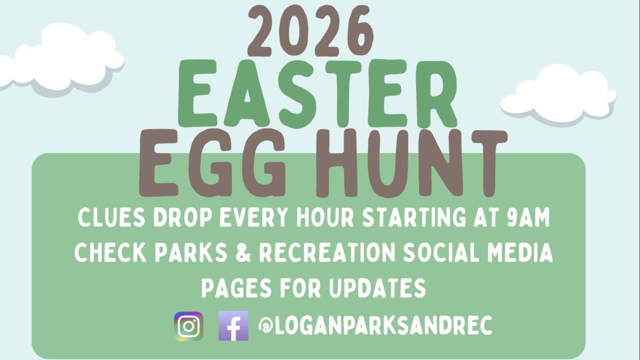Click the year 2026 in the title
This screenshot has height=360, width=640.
pos(311,31)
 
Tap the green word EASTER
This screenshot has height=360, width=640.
pos(318,94)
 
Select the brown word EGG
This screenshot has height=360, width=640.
pos(212,163)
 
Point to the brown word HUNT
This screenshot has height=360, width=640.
pos(411,163)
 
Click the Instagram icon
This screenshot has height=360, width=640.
pos(188,326)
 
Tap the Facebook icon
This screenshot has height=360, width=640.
pos(234,326)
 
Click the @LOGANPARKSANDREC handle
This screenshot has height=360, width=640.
pos(375,325)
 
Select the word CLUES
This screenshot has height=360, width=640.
pos(111,218)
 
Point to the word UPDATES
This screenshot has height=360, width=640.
pos(377,288)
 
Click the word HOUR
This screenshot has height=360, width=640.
pos(325,218)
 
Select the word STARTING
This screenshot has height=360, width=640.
pos(414,218)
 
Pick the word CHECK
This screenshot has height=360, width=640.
pos(111,253)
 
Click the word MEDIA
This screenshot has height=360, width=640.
pos(520,253)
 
